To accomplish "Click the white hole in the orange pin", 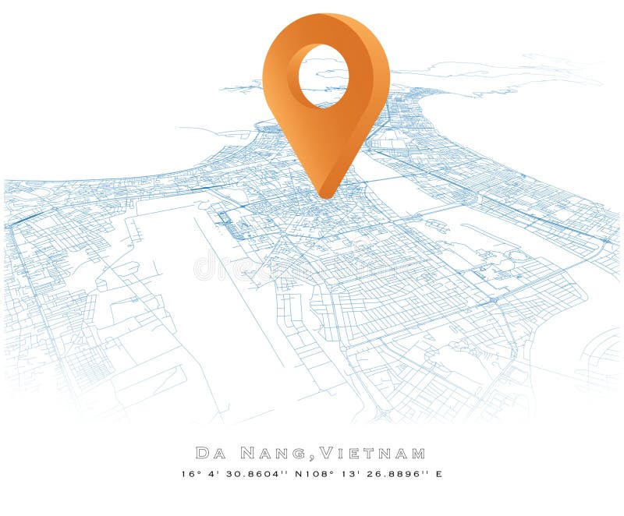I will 321,76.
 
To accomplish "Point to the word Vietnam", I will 374,453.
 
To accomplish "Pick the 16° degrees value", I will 189,473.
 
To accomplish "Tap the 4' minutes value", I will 211,473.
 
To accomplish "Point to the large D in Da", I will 201,453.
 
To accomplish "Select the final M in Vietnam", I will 419,453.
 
